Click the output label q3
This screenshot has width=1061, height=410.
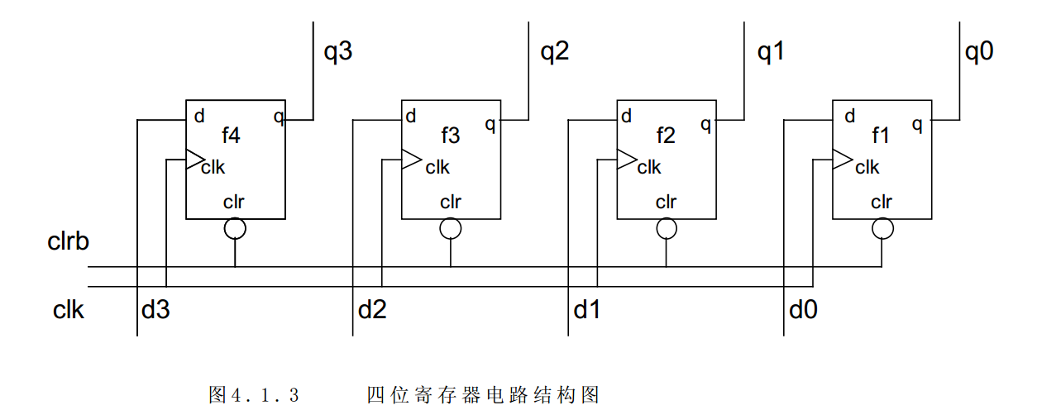click(x=337, y=53)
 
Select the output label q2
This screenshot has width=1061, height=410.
click(x=555, y=53)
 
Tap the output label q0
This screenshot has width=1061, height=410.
click(x=979, y=53)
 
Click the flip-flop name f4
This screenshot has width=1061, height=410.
click(x=232, y=135)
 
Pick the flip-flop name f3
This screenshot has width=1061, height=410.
click(x=450, y=135)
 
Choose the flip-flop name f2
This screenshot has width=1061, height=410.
click(x=666, y=135)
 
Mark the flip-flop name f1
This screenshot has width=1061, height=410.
click(x=881, y=135)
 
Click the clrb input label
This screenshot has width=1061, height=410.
click(x=68, y=243)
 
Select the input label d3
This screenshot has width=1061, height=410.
click(x=155, y=311)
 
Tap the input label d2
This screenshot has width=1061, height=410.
click(x=371, y=311)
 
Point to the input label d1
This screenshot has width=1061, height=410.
click(x=586, y=311)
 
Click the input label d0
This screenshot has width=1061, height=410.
click(x=803, y=311)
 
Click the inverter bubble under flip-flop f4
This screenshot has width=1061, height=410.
click(x=236, y=228)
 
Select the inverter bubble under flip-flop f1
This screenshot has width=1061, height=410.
click(x=882, y=228)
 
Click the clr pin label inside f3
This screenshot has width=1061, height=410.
click(x=451, y=202)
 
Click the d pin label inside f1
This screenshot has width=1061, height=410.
click(x=849, y=117)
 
